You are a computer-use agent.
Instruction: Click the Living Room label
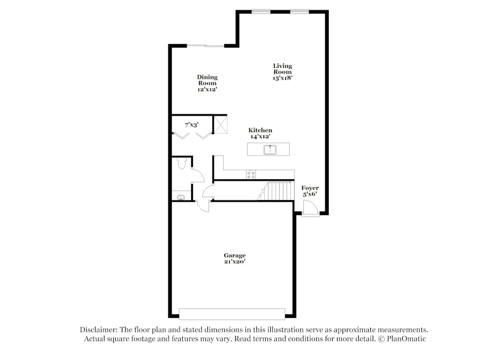pos(283,69)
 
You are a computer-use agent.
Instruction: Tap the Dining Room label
pos(207,80)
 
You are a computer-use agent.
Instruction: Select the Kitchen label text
pos(260,130)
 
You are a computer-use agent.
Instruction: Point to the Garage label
pos(234,256)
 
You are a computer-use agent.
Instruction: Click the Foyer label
pos(310,188)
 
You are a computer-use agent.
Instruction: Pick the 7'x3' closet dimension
pos(192,126)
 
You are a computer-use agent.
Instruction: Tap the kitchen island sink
pos(270,149)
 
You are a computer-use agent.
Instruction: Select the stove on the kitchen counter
pos(250,174)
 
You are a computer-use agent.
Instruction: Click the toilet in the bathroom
pos(181,164)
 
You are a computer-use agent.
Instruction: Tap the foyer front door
pos(311,209)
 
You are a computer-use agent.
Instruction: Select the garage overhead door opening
pos(232,314)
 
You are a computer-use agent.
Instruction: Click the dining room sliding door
pos(205,46)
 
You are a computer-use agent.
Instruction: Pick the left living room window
pos(261,11)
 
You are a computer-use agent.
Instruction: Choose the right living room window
pos(299,11)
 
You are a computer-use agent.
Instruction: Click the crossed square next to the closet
pos(220,124)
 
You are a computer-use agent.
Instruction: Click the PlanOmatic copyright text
pos(402,339)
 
